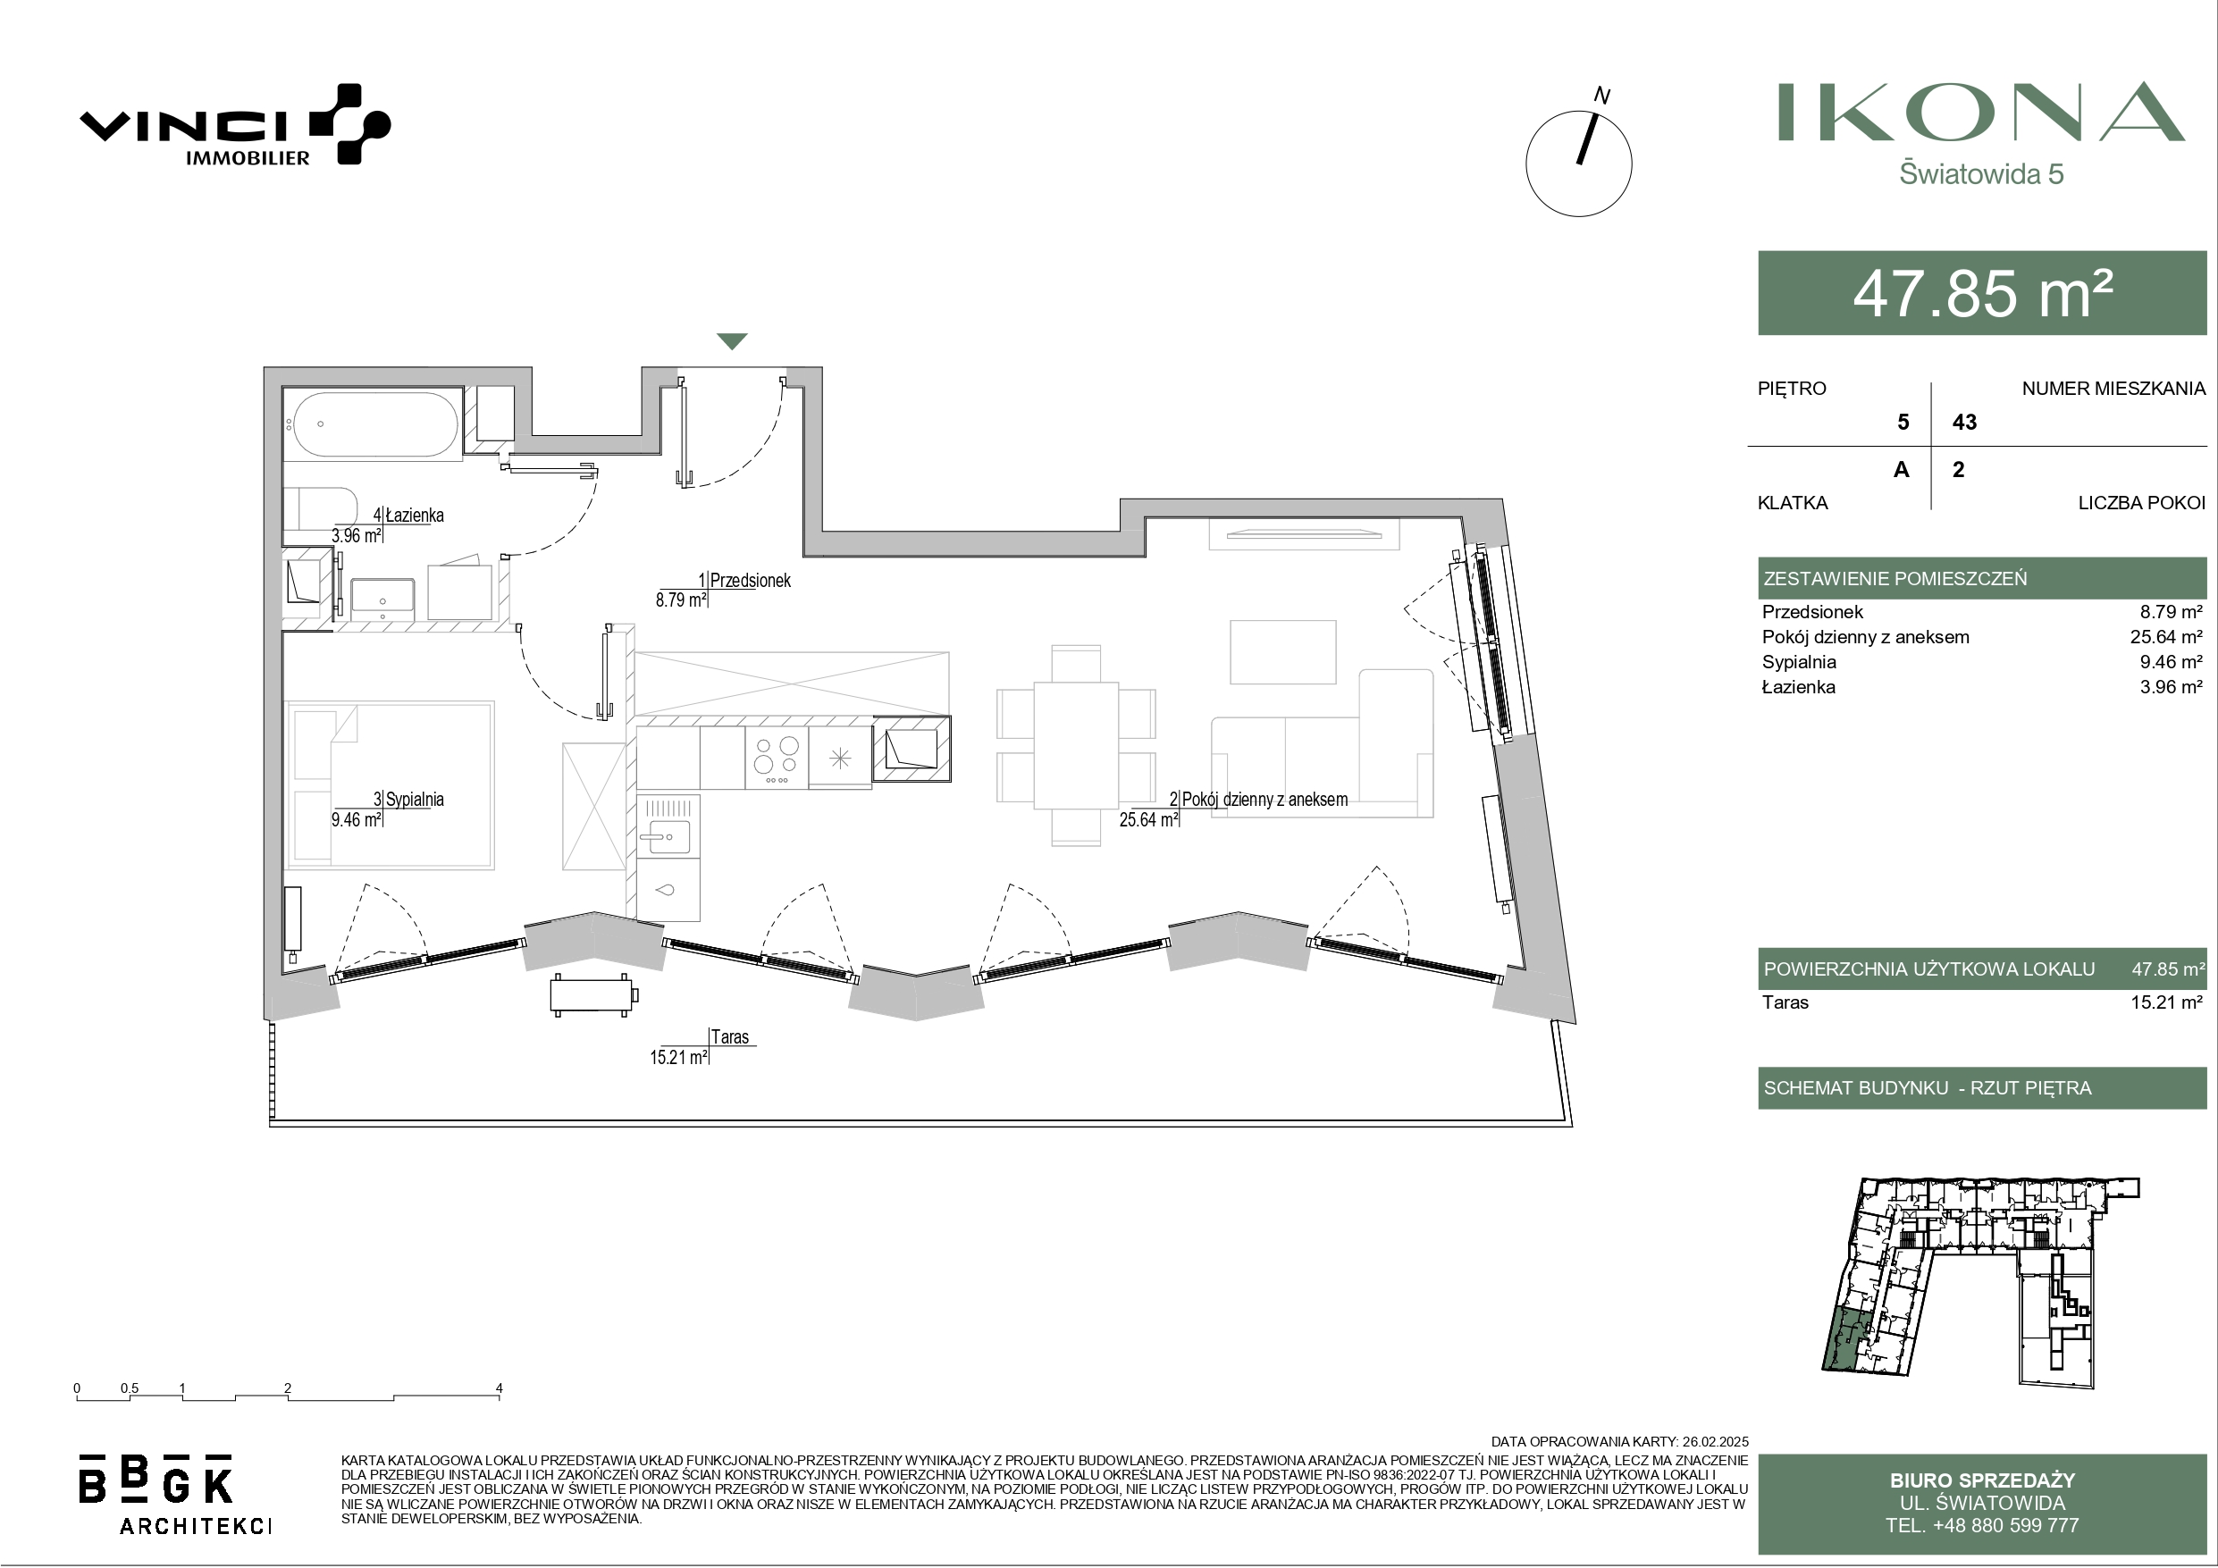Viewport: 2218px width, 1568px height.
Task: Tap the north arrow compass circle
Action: [x=1578, y=164]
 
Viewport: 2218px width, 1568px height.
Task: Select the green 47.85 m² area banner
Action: [x=1982, y=293]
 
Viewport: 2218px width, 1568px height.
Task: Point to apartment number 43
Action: [x=1964, y=423]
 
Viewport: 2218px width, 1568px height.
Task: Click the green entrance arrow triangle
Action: [x=732, y=341]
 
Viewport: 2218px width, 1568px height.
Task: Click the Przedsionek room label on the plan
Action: [x=751, y=581]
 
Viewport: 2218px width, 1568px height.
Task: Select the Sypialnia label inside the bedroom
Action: [x=415, y=799]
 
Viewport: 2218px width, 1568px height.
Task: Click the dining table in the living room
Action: [x=1076, y=746]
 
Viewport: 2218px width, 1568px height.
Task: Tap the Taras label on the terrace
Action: [x=729, y=1036]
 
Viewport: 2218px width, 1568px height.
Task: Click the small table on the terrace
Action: [x=592, y=995]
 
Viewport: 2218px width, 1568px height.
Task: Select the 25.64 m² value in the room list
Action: [x=2167, y=637]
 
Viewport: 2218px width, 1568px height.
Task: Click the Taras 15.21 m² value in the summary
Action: [x=2167, y=1002]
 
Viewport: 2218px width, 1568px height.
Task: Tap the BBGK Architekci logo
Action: [x=174, y=1494]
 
